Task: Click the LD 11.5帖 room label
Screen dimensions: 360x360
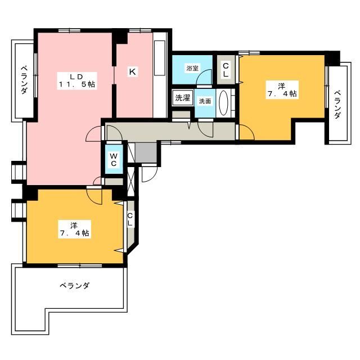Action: coord(73,80)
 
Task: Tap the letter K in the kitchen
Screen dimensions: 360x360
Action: coord(132,71)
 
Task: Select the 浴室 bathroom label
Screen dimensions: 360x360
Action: coord(192,68)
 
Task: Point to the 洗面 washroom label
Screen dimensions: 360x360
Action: coord(204,101)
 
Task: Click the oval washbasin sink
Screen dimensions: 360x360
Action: coord(223,103)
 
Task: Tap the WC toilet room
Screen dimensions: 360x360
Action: coord(113,159)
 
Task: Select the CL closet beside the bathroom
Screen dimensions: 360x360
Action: coord(226,70)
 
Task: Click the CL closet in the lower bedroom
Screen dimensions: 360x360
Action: coord(130,219)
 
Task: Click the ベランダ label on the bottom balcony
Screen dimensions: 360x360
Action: coord(75,286)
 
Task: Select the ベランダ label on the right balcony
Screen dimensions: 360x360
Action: coord(337,105)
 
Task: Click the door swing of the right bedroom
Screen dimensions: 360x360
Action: coord(246,133)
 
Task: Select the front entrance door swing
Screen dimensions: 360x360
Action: coord(150,174)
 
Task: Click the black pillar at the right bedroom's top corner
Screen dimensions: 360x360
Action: coord(334,57)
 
